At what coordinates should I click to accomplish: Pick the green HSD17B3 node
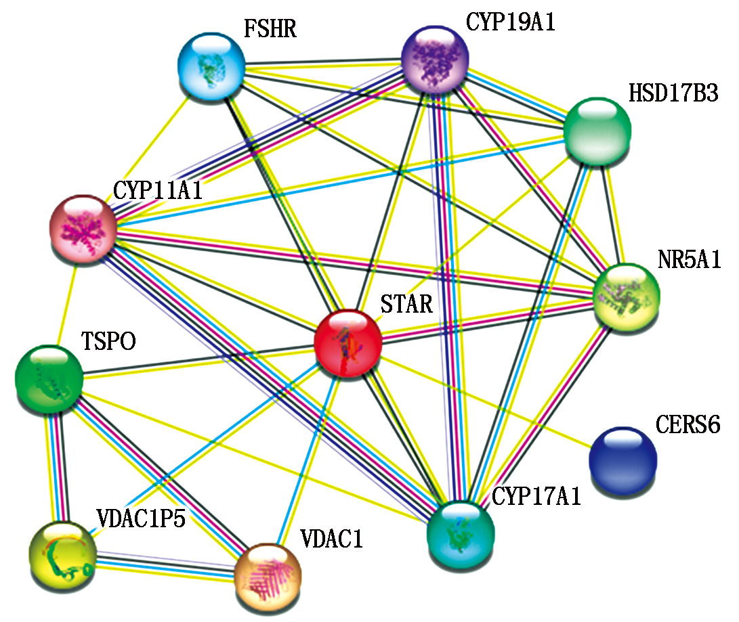(x=597, y=130)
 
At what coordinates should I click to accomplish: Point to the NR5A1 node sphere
(x=625, y=296)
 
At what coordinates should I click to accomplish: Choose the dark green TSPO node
(x=49, y=378)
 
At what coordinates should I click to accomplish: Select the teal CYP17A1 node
(x=461, y=533)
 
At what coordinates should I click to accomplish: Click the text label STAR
(x=406, y=304)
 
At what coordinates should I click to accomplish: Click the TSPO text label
(x=109, y=341)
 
